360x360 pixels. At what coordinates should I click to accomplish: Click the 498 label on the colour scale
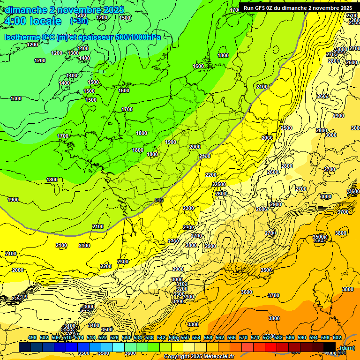pyautogui.click(x=32, y=338)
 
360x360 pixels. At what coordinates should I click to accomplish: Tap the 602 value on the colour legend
pyautogui.click(x=337, y=338)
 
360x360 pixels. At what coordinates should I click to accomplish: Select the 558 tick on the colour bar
pyautogui.click(x=208, y=338)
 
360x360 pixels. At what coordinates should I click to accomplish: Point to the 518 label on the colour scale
pyautogui.click(x=91, y=338)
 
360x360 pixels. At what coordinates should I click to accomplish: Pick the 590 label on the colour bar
pyautogui.click(x=302, y=338)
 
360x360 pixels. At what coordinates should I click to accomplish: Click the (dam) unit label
pyautogui.click(x=347, y=348)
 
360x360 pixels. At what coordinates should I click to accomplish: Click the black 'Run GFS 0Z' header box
pyautogui.click(x=298, y=8)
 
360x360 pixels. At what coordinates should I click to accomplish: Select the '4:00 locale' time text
pyautogui.click(x=33, y=21)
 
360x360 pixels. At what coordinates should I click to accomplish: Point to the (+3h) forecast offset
pyautogui.click(x=78, y=21)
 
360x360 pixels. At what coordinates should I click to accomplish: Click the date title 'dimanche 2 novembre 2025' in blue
pyautogui.click(x=65, y=10)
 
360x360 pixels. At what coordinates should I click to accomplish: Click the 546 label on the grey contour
pyautogui.click(x=159, y=201)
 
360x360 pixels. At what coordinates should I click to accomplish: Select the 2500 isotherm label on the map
pyautogui.click(x=286, y=128)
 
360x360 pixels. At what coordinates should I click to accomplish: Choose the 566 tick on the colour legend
pyautogui.click(x=232, y=338)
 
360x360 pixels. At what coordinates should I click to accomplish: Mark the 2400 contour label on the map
pyautogui.click(x=204, y=156)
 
